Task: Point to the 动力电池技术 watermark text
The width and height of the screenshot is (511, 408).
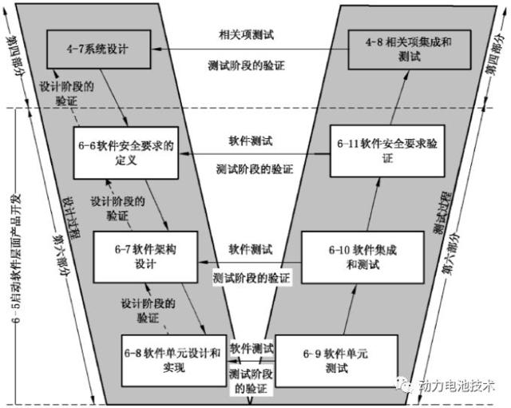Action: (458, 386)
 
